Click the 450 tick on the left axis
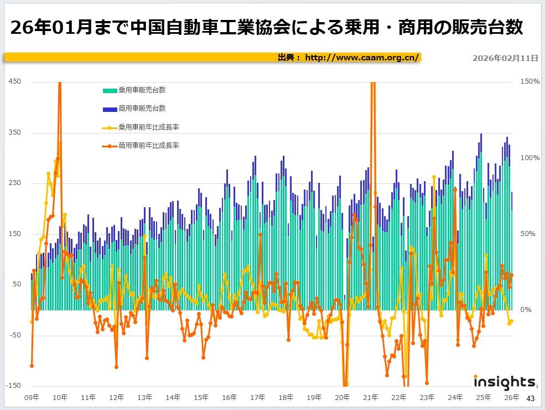(15, 82)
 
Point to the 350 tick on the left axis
(15, 133)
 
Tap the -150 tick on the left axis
(14, 386)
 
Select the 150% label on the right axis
(530, 82)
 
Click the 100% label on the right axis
(530, 158)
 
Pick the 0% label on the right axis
(525, 310)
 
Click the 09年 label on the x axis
(32, 397)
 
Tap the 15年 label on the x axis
(201, 397)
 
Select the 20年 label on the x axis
(342, 397)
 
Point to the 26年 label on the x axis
(512, 397)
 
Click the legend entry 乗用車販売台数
(142, 90)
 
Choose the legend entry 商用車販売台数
(142, 108)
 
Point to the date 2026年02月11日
(505, 58)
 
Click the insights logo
(504, 382)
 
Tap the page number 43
(531, 398)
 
